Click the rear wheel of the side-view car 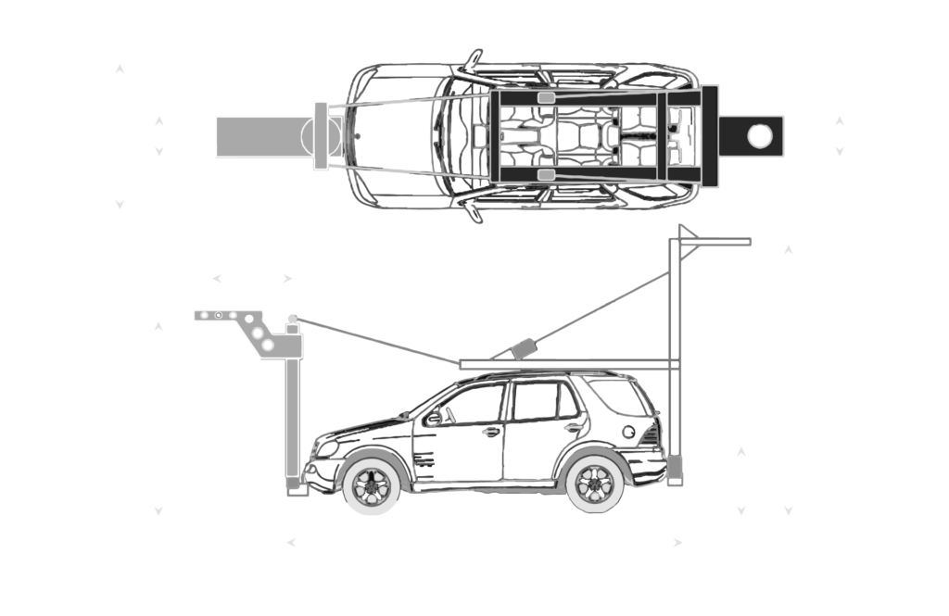coord(593,482)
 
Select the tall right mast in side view coord(676,361)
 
